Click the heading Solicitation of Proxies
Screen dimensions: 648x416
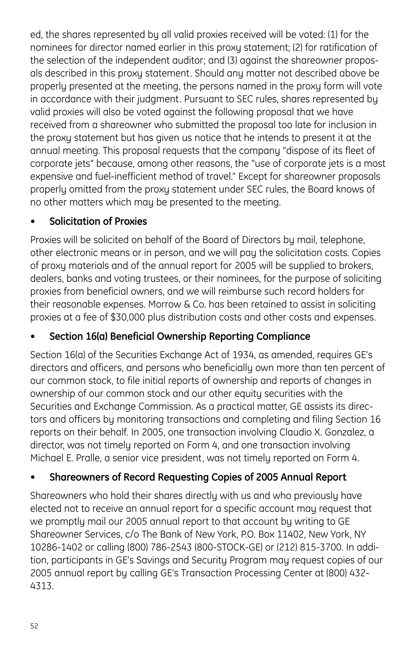(98, 221)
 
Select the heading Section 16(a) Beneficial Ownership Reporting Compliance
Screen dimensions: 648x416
(180, 336)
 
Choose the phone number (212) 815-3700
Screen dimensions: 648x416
(309, 547)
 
